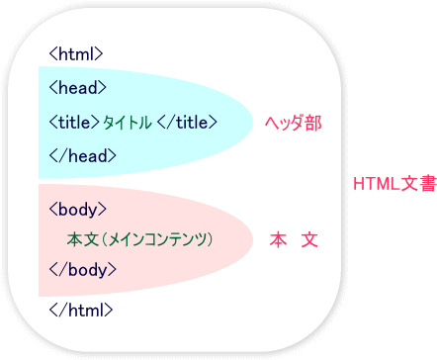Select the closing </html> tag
click(x=81, y=309)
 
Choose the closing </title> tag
click(x=188, y=123)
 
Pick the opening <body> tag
click(x=77, y=209)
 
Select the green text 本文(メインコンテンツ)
click(x=140, y=239)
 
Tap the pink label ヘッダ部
click(x=294, y=124)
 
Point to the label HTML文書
click(x=393, y=184)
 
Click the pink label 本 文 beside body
click(x=294, y=239)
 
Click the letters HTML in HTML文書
click(x=374, y=184)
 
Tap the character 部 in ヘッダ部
click(x=314, y=124)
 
